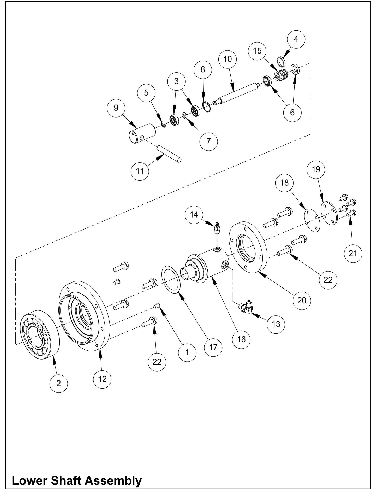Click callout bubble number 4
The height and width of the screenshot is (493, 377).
coord(296,39)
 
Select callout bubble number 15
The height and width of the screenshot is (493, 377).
coord(257,51)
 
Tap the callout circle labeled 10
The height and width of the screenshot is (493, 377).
coord(228,59)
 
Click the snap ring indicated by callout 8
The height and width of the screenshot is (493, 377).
coord(207,107)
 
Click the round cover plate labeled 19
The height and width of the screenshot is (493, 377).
coord(329,214)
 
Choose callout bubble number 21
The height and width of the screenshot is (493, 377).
coord(352,253)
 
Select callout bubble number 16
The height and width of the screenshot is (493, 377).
coord(242,339)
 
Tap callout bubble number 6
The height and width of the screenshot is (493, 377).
coord(292,112)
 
